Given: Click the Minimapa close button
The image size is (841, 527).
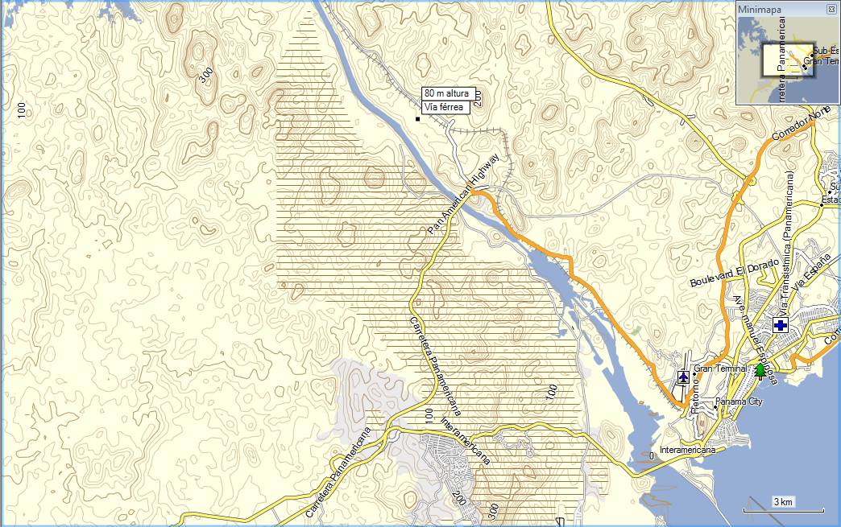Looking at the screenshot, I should [x=831, y=9].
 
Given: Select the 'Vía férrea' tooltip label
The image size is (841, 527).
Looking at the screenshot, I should [x=443, y=106].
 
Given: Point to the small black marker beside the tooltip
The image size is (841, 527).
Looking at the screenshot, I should [x=417, y=119].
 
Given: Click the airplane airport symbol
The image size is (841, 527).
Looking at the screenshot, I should [x=684, y=376].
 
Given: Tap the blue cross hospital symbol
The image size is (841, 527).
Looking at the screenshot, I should [x=780, y=325].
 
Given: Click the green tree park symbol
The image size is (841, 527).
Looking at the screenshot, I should [x=759, y=371].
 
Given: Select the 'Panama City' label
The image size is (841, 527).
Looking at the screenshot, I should [x=739, y=401].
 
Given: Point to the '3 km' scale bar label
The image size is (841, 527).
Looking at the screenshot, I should [x=783, y=502].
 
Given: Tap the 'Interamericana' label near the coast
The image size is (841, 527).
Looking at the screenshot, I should [x=687, y=450].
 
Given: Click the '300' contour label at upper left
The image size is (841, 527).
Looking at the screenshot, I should [x=206, y=75].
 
